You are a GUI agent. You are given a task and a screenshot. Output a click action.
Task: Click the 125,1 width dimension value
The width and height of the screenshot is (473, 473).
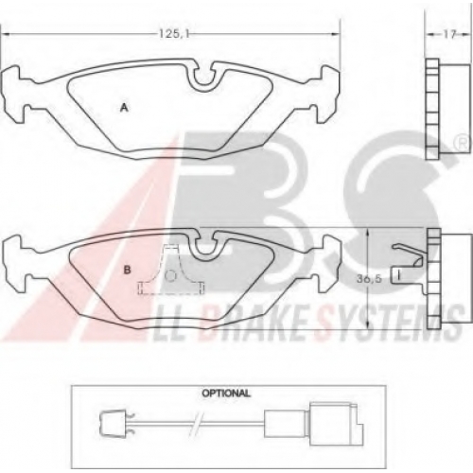pyautogui.click(x=173, y=34)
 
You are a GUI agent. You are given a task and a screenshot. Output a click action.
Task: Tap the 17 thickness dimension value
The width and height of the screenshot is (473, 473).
pyautogui.click(x=449, y=34)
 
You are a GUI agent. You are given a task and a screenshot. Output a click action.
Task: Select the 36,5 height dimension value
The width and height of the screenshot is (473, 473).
pyautogui.click(x=369, y=278)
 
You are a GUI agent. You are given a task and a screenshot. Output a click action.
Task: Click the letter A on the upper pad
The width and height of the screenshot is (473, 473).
pyautogui.click(x=125, y=108)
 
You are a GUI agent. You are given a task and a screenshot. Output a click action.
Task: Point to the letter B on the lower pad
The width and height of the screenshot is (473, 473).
pyautogui.click(x=127, y=271)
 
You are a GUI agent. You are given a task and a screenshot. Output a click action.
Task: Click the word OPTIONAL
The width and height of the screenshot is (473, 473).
pyautogui.click(x=226, y=394)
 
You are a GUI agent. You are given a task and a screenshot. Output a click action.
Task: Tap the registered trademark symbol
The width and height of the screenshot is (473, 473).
pyautogui.click(x=462, y=144)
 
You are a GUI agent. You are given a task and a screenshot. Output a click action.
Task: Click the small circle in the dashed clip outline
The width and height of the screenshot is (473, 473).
pyautogui.click(x=170, y=276)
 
